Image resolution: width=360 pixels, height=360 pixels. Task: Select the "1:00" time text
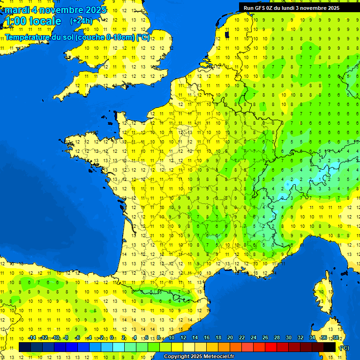(15, 21)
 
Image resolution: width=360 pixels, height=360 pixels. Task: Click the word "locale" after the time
(45, 21)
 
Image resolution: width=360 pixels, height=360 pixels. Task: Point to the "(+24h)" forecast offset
(81, 21)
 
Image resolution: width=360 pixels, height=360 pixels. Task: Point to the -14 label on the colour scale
(32, 337)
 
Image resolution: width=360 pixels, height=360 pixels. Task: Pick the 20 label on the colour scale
(230, 337)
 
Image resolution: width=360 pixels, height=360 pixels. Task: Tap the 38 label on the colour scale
(336, 337)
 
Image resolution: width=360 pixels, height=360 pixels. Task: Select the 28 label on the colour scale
(277, 337)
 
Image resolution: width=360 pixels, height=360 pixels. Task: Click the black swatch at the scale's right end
(330, 347)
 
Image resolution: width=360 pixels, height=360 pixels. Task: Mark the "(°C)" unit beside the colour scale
(345, 347)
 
